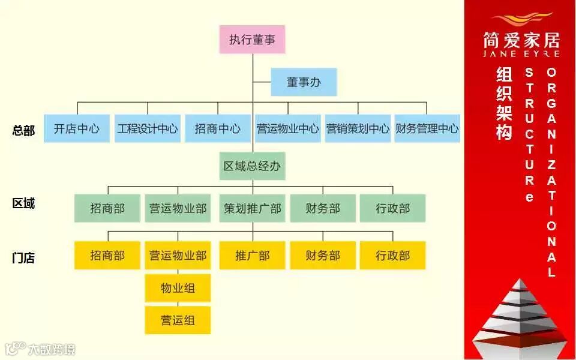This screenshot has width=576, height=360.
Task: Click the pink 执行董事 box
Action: point(252,40)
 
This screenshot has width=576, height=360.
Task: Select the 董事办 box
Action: point(304,82)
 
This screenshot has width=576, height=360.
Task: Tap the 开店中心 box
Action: point(77,128)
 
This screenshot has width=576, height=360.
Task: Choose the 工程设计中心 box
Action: point(148,128)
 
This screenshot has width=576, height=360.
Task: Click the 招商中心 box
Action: point(217,128)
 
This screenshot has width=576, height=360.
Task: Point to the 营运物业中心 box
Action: point(287,128)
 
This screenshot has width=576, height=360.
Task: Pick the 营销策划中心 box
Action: point(358,128)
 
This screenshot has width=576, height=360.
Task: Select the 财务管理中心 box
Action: point(427,128)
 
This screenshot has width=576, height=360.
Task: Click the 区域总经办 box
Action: point(252,166)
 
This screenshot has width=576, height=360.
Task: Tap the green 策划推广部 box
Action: point(252,208)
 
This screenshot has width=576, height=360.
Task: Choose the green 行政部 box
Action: point(392,208)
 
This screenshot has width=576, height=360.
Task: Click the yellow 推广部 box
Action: point(252,255)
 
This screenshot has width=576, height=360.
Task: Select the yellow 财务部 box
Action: point(323,255)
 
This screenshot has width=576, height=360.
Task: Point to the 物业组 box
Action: point(178,288)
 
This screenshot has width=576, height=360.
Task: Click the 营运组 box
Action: point(178,320)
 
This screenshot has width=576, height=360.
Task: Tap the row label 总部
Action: point(23,130)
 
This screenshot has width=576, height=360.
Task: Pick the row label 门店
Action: point(23,258)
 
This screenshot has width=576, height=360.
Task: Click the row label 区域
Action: point(23,203)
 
